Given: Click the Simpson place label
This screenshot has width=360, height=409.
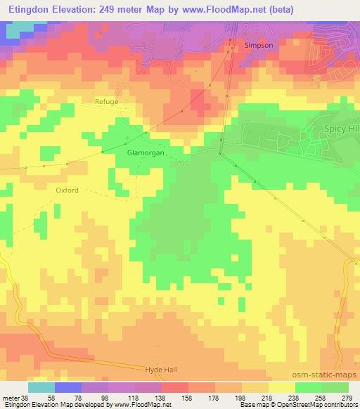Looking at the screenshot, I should (258, 45).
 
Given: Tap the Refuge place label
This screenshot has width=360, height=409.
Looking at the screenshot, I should (107, 102).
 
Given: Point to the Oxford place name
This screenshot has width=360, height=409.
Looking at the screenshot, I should (67, 190).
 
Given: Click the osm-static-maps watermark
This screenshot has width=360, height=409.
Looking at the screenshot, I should (330, 375).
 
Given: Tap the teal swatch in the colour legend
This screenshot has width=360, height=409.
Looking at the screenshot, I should (41, 387).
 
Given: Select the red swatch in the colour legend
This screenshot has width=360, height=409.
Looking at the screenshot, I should (175, 387).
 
